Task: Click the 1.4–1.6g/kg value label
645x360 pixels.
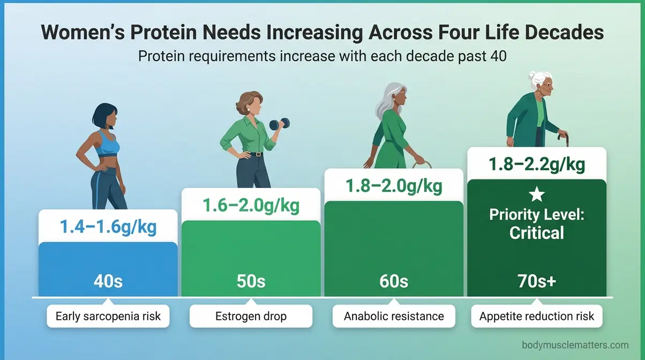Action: point(108,227)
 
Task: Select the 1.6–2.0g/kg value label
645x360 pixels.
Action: point(251,205)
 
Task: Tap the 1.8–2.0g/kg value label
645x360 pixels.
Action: point(394,185)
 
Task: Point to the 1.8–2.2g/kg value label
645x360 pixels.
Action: point(536,164)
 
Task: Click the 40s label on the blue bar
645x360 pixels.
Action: point(108,281)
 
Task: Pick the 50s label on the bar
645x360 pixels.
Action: point(251,281)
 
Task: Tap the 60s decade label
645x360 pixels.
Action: point(394,281)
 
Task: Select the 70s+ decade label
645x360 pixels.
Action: point(536,281)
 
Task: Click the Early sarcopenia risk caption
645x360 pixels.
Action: point(108,316)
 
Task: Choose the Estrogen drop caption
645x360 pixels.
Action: point(251,316)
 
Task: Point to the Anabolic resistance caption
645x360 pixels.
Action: point(394,316)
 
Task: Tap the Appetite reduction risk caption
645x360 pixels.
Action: point(536,316)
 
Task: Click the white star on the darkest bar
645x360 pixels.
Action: point(536,195)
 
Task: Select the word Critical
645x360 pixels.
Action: point(536,233)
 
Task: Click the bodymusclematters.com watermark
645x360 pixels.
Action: point(575,346)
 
